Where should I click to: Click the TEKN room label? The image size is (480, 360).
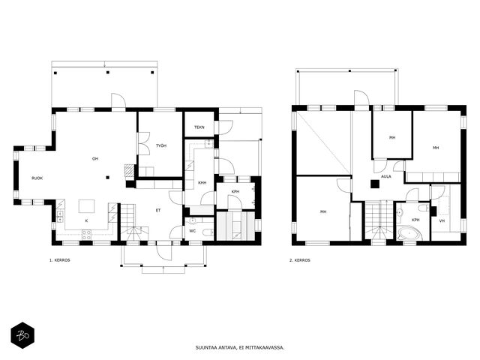click(199, 127)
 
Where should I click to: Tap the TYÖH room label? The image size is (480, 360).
click(161, 145)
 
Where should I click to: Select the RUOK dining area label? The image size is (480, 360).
click(37, 178)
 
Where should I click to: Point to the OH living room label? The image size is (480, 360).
click(95, 158)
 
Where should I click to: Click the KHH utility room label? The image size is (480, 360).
click(202, 183)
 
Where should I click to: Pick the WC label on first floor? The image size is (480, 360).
click(192, 231)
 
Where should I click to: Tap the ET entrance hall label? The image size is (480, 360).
click(158, 210)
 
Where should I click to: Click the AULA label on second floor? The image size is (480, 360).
click(386, 177)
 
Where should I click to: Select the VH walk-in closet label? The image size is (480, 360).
click(442, 221)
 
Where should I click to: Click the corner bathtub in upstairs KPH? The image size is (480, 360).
click(409, 233)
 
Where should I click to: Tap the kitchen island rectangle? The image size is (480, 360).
click(87, 206)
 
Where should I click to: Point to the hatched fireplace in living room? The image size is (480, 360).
click(130, 170)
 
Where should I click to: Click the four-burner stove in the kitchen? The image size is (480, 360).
click(86, 235)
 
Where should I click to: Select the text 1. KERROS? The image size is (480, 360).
click(60, 260)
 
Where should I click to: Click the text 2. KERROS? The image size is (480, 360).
click(300, 260)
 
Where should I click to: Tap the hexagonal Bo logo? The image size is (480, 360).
click(22, 335)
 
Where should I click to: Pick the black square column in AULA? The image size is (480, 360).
click(375, 184)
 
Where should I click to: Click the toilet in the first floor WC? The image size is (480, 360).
click(208, 232)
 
